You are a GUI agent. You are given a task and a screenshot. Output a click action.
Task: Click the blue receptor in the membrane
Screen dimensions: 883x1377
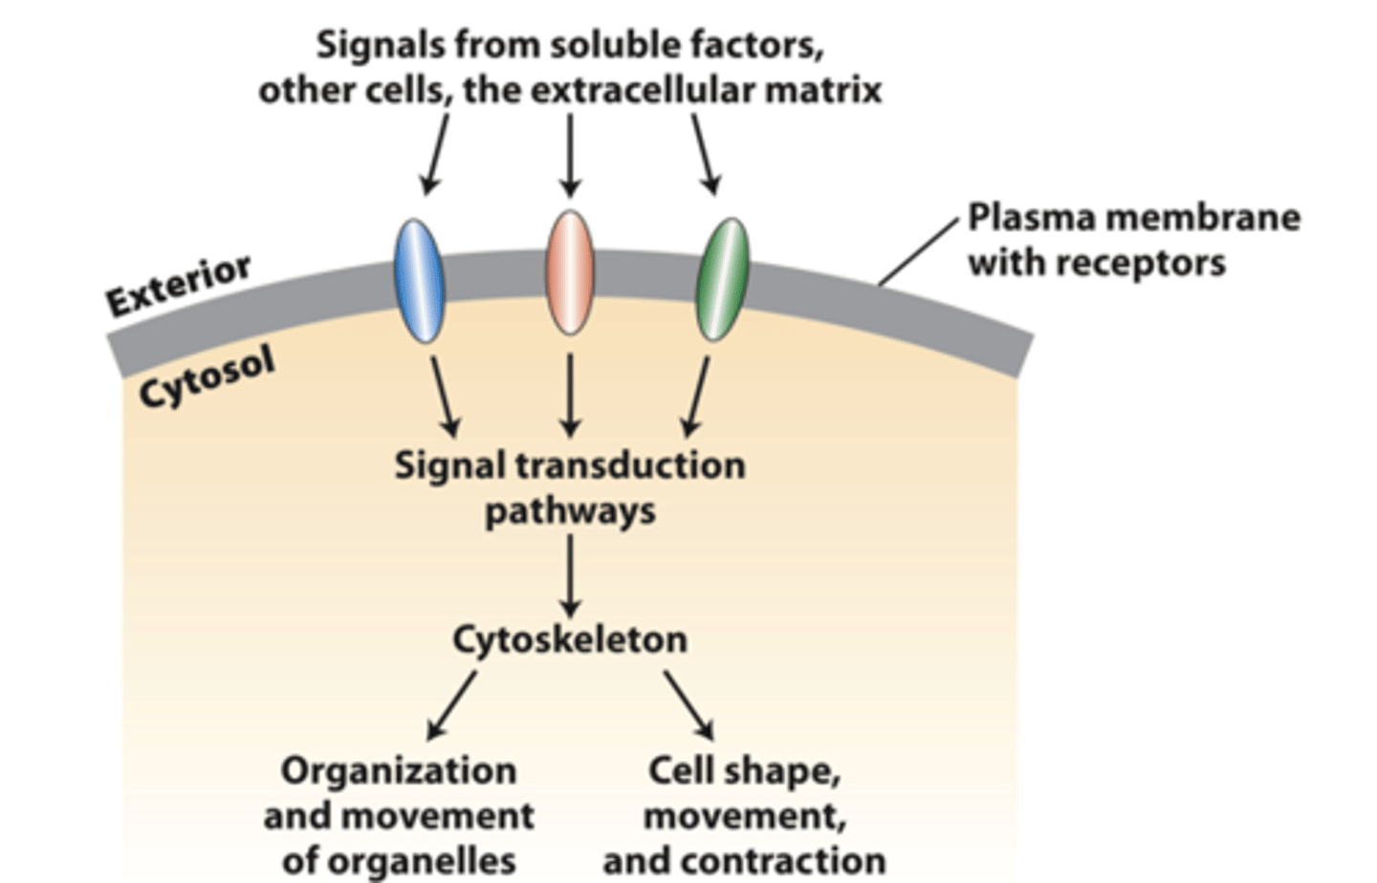point(419,281)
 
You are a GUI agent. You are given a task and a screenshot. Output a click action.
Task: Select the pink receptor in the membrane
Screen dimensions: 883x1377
point(570,273)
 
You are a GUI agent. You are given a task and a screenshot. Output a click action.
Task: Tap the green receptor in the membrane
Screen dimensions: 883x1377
point(722,279)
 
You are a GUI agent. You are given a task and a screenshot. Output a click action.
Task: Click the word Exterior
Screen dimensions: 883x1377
point(179,284)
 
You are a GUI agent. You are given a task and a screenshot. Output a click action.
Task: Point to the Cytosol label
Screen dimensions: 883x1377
point(207,376)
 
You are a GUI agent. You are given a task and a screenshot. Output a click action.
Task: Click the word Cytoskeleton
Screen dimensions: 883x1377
point(570,639)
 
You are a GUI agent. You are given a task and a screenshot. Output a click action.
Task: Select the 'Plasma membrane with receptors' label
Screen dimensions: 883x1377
point(1133,240)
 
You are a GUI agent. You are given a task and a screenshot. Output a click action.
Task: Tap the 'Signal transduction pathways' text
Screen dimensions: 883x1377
point(570,487)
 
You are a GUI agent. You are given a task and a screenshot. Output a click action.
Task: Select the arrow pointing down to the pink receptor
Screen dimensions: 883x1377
point(570,155)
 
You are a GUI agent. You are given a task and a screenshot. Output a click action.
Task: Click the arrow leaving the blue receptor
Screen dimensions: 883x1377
point(445,397)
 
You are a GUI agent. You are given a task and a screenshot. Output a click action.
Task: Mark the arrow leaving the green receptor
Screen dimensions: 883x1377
point(697,397)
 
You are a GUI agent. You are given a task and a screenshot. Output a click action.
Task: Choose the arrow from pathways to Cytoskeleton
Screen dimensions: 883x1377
point(570,574)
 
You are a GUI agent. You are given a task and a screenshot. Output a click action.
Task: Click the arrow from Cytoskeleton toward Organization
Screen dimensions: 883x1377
point(451,704)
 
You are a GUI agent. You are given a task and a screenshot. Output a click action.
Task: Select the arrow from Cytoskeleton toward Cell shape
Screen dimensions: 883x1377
point(688,704)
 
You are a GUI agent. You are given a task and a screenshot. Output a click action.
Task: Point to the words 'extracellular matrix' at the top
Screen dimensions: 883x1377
point(706,91)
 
